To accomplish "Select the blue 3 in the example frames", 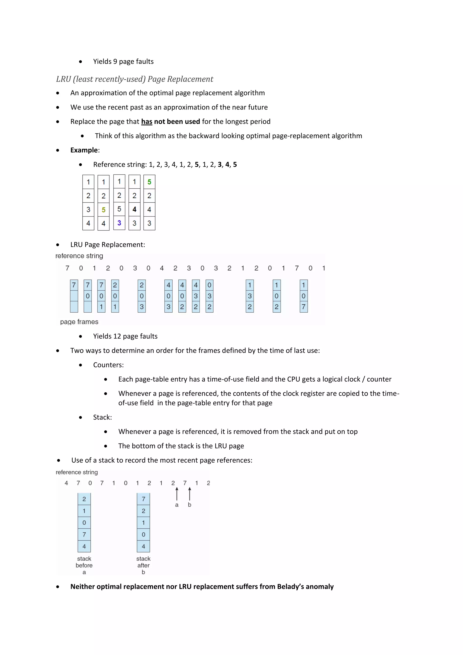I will click(x=119, y=223).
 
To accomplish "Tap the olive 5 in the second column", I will click(x=104, y=210).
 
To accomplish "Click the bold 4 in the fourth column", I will click(x=134, y=209).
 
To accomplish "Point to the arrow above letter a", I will click(x=177, y=494).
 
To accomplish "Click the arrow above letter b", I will click(x=190, y=494).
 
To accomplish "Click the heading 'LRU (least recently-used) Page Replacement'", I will click(x=135, y=79).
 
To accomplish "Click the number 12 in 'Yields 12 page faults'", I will click(x=117, y=336).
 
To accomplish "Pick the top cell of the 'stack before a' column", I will click(x=84, y=499).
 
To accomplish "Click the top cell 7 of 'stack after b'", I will click(x=143, y=499).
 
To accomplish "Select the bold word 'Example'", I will click(x=84, y=150).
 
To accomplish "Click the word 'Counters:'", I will click(x=108, y=365).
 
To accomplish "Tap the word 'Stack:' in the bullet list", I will click(x=102, y=417).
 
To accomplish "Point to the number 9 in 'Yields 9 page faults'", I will click(x=115, y=62).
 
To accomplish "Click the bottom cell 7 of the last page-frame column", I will click(x=304, y=307).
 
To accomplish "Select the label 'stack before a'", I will click(x=84, y=565).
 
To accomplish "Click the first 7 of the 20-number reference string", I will click(x=67, y=268).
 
